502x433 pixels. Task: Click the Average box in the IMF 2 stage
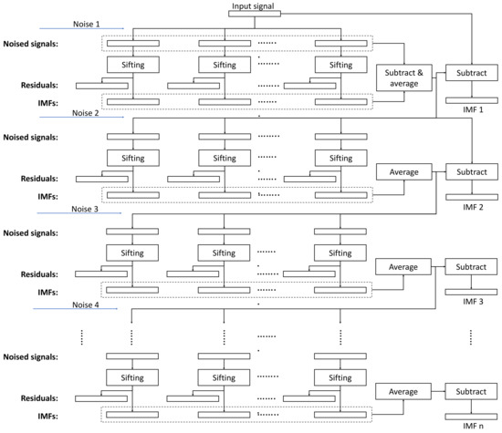click(x=403, y=171)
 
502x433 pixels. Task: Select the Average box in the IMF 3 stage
click(x=403, y=266)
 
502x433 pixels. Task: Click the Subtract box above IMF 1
click(x=472, y=73)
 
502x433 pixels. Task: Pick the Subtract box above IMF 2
click(x=472, y=171)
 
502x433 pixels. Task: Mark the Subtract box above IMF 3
click(x=472, y=266)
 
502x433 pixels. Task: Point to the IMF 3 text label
click(x=472, y=302)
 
